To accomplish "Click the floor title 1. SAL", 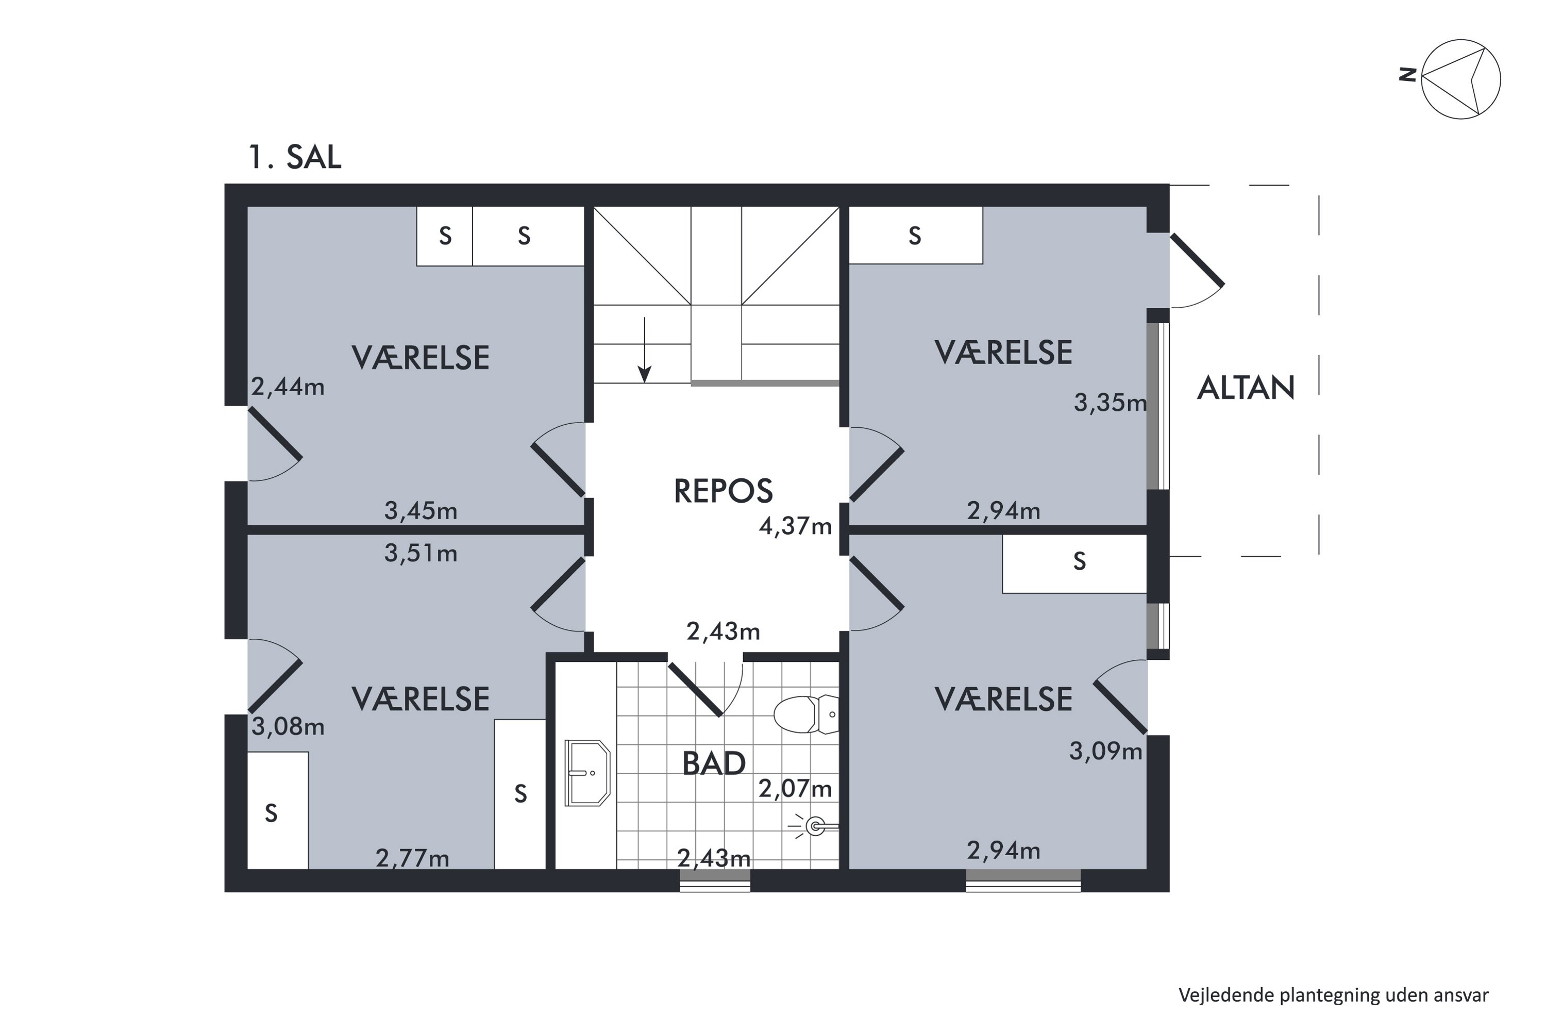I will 295,157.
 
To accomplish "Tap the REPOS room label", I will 723,491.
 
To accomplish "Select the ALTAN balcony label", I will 1246,388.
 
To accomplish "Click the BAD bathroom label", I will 714,764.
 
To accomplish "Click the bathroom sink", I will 587,774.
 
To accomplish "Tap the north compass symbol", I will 1460,79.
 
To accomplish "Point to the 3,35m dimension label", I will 1110,403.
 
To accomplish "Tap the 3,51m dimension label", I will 421,554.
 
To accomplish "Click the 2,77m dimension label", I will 412,858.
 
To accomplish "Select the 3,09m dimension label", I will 1105,751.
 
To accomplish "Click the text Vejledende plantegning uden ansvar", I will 1333,995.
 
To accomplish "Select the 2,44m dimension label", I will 288,387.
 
